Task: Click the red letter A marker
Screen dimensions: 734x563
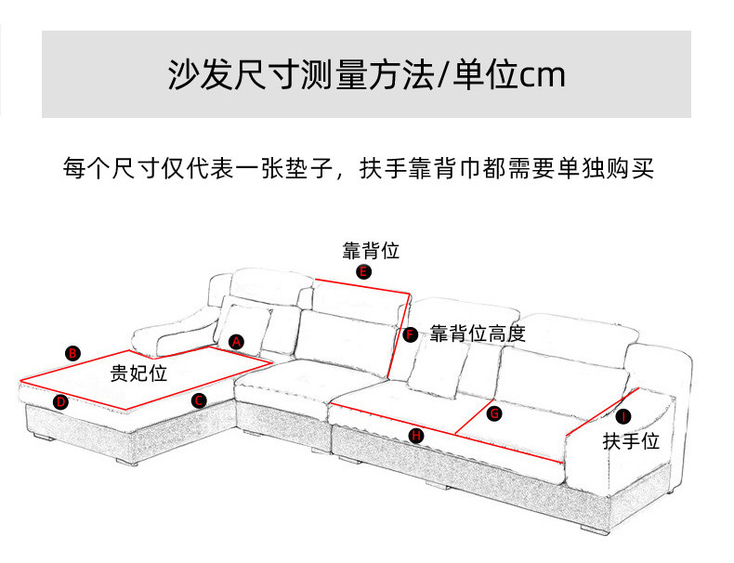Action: tap(236, 342)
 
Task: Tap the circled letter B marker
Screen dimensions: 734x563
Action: tap(72, 353)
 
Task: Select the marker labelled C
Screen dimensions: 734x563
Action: tap(199, 400)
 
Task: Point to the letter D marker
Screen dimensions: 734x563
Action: tap(60, 402)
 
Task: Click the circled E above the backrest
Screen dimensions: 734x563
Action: tap(363, 271)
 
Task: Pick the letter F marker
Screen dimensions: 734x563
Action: tap(411, 334)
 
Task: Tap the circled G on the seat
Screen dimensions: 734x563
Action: tap(494, 413)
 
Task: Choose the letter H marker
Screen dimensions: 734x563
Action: tap(416, 436)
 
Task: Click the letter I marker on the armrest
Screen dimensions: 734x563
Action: tap(623, 416)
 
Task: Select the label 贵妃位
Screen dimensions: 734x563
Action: tap(138, 373)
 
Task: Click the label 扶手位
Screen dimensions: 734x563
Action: tap(631, 441)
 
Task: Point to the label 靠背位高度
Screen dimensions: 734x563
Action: tap(478, 334)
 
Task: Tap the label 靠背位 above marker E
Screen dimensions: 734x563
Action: tap(371, 251)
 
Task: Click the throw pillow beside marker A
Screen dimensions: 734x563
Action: tap(242, 330)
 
